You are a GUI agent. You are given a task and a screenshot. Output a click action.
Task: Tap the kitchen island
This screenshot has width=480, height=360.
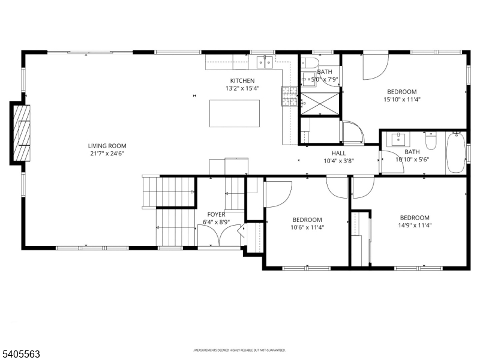coord(235,113)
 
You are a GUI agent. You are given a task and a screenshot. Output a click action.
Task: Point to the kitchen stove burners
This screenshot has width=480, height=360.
coord(289,97)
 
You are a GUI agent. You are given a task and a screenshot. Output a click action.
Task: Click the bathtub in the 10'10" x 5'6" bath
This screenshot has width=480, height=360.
coord(456,152)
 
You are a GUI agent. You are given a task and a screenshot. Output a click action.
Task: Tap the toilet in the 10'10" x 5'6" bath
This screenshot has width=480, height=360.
coord(430,142)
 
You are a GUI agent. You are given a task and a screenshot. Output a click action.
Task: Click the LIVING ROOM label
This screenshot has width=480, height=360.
coord(107,145)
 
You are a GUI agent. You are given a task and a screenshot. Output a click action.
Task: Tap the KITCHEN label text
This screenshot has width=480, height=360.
coord(242,80)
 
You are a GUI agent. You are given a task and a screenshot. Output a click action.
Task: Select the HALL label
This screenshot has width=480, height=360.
coord(338,153)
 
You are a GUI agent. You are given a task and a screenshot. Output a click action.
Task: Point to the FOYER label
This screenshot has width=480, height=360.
coord(216,214)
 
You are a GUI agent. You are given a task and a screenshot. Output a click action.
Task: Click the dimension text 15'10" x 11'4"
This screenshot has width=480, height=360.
coord(401,100)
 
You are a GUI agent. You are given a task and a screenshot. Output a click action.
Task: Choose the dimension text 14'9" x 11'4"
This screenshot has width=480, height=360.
coord(415,226)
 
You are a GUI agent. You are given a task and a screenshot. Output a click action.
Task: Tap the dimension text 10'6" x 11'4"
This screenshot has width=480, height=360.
coord(307,227)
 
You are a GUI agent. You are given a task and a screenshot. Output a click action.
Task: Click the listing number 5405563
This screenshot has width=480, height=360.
coord(21,354)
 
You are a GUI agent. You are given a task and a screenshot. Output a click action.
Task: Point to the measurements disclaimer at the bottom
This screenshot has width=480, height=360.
coord(239,350)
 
